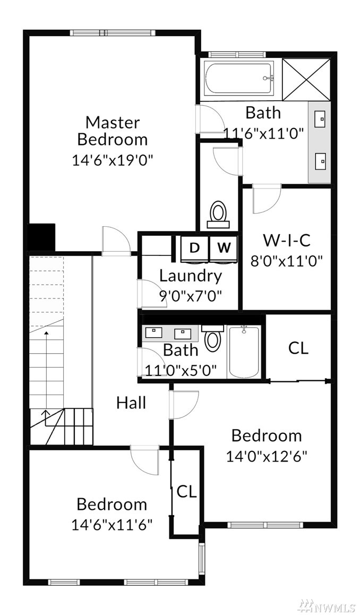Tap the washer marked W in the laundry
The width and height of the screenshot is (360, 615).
pos(224,248)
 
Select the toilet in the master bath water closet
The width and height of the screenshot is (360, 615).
pos(218,215)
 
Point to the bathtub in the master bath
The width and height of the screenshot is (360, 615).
pos(238,79)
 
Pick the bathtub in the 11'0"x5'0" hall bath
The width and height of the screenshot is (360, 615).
pos(244,352)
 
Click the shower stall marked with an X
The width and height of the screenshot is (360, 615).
pos(306,79)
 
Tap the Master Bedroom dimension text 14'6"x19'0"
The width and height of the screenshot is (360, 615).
pos(112,160)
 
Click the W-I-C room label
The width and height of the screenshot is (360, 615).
pos(286,241)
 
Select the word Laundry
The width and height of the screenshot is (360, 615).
pos(191,277)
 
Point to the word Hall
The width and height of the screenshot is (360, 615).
pos(131,403)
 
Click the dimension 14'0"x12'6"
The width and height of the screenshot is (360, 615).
pos(267,456)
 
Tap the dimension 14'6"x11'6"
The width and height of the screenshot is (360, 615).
pos(112,524)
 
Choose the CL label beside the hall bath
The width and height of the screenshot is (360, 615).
pos(298,348)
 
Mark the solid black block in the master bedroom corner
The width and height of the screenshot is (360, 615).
pos(41,237)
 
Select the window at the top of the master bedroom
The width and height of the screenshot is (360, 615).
pos(110,33)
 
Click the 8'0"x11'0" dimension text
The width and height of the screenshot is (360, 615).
pos(287,261)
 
